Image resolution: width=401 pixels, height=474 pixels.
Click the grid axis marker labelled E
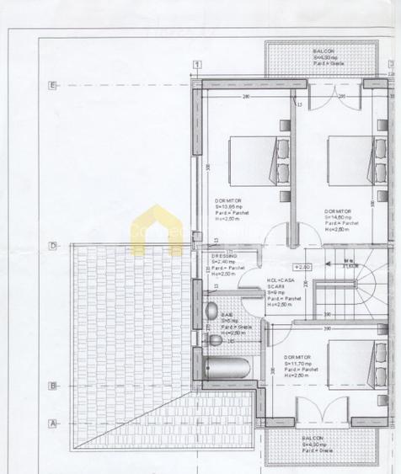(53, 85)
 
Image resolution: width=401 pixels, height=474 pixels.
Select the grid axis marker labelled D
(53, 246)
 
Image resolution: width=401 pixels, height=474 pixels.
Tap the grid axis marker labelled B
(53, 386)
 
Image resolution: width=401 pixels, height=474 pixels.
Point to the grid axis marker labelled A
(53, 423)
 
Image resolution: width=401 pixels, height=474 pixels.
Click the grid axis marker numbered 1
(196, 64)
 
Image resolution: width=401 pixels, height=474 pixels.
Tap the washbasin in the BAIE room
(216, 340)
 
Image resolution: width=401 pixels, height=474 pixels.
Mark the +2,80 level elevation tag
(302, 267)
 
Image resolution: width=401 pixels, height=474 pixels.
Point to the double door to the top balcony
(327, 96)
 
